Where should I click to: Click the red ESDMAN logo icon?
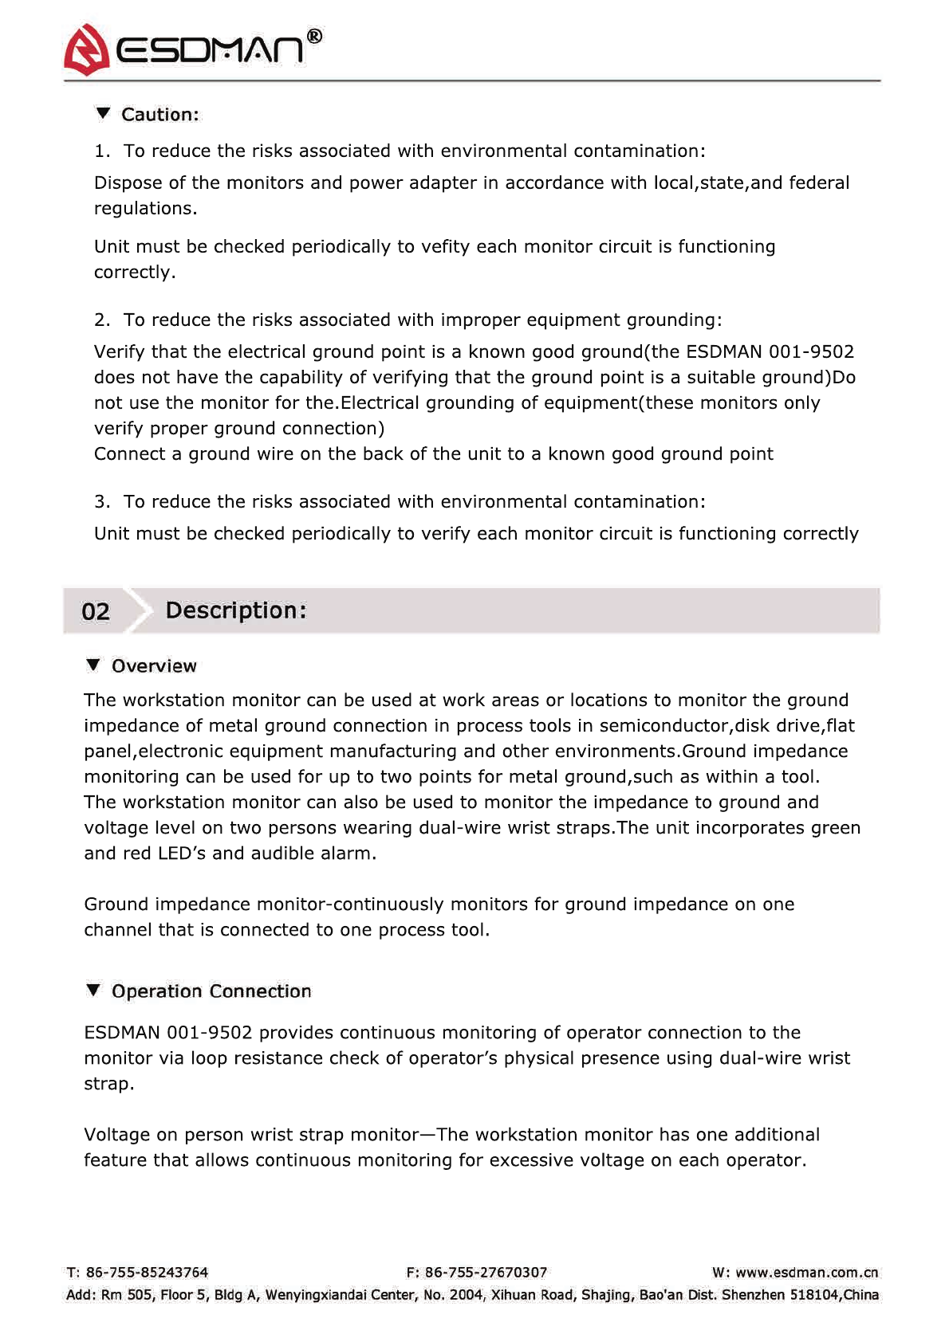(x=86, y=49)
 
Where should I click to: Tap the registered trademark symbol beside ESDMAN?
(x=315, y=36)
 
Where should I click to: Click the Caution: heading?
(x=159, y=115)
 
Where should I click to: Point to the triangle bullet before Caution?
(x=103, y=113)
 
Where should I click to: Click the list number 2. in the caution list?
(x=101, y=320)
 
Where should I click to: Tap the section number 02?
(x=96, y=611)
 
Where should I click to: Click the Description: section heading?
(x=235, y=610)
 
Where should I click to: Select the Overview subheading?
(x=154, y=666)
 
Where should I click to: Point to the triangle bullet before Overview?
(x=93, y=665)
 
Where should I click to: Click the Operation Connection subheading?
(x=211, y=991)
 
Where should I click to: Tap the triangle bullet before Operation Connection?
(x=93, y=990)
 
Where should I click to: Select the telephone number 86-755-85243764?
(x=147, y=1273)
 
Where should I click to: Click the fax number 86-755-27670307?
(x=486, y=1273)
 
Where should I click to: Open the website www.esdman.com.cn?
(x=806, y=1273)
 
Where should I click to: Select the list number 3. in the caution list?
(x=101, y=502)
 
